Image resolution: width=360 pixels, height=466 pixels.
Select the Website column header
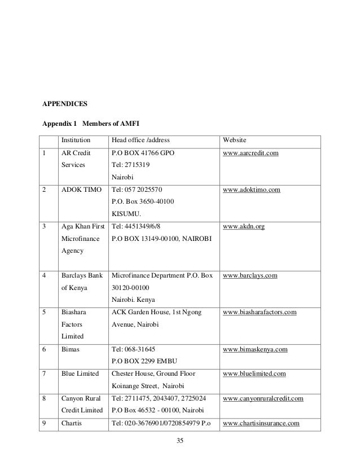click(x=236, y=140)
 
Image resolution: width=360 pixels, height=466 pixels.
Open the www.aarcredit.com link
click(x=251, y=153)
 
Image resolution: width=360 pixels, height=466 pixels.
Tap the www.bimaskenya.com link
click(x=256, y=350)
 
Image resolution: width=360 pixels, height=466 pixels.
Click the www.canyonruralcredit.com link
click(x=264, y=399)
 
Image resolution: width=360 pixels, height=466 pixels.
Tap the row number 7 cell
click(x=44, y=374)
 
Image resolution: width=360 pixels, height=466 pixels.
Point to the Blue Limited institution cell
click(x=81, y=374)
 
